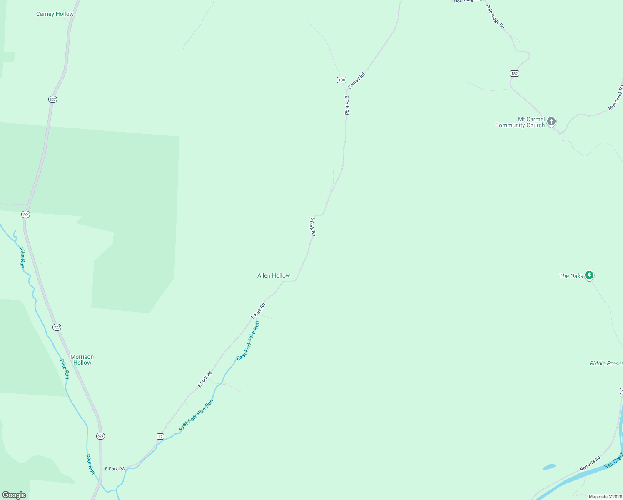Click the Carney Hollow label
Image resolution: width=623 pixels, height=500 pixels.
click(55, 14)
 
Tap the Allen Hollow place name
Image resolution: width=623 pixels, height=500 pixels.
click(274, 275)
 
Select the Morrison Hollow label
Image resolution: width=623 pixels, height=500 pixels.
click(82, 360)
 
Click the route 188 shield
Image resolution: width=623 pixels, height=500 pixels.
click(341, 80)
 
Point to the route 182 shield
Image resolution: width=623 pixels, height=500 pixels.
click(514, 73)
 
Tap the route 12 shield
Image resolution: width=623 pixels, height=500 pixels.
click(160, 436)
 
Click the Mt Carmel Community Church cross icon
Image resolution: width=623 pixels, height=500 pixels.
click(551, 122)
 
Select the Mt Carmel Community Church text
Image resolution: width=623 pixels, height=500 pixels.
click(520, 122)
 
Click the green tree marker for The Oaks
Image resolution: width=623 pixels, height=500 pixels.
click(589, 275)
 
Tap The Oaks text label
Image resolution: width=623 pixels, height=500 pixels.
click(571, 276)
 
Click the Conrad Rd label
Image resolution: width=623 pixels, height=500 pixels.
click(356, 80)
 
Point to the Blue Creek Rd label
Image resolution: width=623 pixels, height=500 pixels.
click(616, 98)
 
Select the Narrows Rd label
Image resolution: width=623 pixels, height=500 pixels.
click(590, 463)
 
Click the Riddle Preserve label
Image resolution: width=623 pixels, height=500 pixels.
click(606, 363)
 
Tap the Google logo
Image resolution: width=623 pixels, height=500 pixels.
click(14, 495)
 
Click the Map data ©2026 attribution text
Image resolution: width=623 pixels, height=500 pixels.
click(605, 497)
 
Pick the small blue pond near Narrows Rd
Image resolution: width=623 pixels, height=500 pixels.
click(549, 467)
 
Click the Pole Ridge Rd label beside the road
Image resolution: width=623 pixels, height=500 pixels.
click(496, 17)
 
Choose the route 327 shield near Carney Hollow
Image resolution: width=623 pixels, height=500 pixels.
click(52, 100)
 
